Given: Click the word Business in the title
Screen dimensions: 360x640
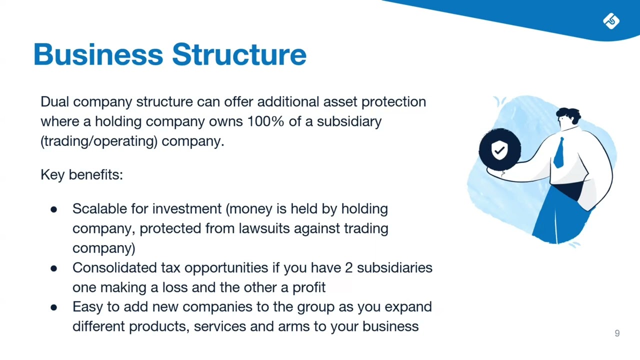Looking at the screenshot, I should [98, 54].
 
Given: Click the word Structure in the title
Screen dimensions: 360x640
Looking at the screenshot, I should [239, 54].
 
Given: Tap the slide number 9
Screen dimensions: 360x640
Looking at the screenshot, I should [617, 333].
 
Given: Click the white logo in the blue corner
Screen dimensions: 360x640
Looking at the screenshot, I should [611, 21].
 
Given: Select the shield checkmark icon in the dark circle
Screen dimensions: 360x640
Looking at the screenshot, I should [499, 149].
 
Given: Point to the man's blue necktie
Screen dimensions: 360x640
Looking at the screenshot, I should [559, 152].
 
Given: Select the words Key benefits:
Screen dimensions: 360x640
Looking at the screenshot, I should [81, 174].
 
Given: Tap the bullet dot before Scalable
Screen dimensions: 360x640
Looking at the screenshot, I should [54, 209].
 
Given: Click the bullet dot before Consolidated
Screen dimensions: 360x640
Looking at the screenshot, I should [54, 268].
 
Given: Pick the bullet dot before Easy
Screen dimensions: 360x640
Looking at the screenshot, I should [54, 307].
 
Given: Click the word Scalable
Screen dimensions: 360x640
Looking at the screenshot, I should [99, 208].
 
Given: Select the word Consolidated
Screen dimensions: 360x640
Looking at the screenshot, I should [114, 267].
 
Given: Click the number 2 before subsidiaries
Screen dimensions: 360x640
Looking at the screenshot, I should [349, 267].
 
